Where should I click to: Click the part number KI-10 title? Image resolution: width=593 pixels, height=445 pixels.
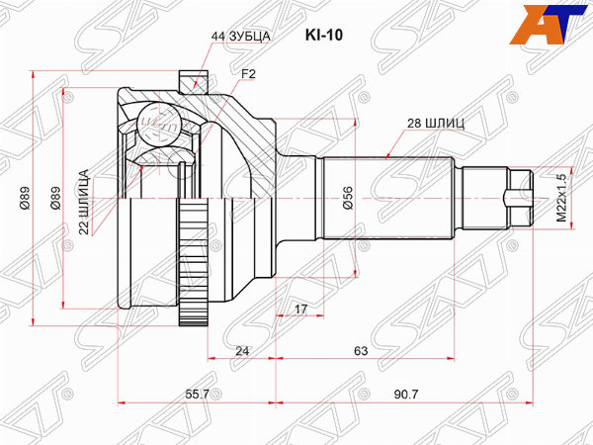(324, 36)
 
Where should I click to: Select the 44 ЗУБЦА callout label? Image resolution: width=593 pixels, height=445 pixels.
(240, 36)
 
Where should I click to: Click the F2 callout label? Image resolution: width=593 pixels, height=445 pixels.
(248, 74)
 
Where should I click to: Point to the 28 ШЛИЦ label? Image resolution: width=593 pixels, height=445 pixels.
(436, 124)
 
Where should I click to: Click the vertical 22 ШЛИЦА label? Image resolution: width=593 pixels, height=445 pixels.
(84, 202)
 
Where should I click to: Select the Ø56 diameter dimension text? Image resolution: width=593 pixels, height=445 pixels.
(348, 198)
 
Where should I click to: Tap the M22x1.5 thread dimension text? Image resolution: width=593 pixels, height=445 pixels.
(560, 198)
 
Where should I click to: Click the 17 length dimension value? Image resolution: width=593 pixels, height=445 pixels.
(300, 309)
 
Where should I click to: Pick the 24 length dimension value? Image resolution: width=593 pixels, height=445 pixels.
(242, 351)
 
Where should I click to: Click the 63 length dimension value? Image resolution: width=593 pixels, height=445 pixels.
(361, 351)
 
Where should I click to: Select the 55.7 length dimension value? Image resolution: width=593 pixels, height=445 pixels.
(198, 394)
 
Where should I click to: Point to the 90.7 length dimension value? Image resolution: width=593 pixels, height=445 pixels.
(406, 394)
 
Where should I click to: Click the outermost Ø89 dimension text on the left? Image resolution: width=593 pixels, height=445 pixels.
(25, 198)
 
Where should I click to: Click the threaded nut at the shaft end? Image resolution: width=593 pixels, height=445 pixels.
(520, 198)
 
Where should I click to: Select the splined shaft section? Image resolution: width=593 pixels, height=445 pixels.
(388, 198)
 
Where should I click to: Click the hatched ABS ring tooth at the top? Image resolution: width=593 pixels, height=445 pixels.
(193, 81)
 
